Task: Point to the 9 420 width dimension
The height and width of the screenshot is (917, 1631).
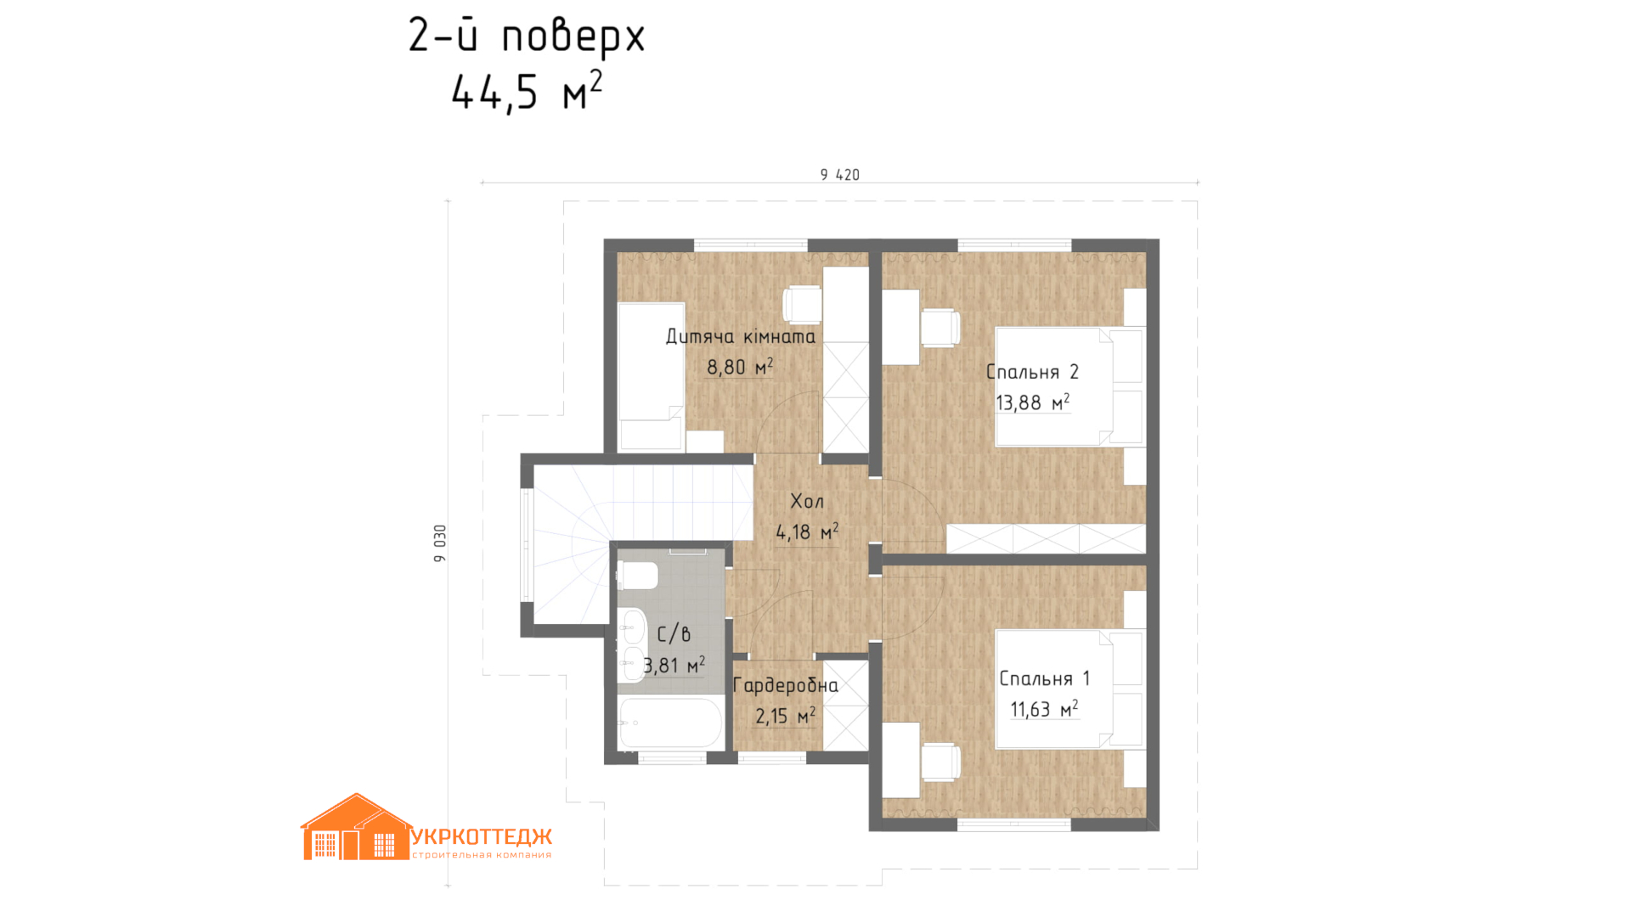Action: click(x=839, y=175)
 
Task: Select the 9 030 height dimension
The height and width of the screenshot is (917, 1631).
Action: click(x=439, y=543)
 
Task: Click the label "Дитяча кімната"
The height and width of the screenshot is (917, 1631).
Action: click(x=740, y=336)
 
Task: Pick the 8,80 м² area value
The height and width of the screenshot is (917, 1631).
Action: click(x=740, y=367)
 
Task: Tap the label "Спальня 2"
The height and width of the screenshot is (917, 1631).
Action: click(x=1032, y=372)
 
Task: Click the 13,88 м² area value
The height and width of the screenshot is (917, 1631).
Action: click(x=1032, y=402)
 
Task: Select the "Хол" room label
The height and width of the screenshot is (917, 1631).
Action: click(x=807, y=501)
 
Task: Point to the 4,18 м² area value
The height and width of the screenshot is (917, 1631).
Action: click(x=807, y=532)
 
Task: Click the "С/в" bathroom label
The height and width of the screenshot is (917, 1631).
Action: click(x=674, y=633)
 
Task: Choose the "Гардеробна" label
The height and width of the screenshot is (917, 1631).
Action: click(x=785, y=685)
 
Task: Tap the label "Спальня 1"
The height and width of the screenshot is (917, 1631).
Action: click(x=1044, y=678)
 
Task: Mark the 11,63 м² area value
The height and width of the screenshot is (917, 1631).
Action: click(x=1044, y=709)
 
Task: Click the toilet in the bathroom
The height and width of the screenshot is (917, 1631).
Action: click(x=637, y=576)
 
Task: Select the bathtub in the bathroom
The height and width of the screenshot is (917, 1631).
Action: click(x=670, y=723)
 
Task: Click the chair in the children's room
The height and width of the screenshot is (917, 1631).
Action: click(x=802, y=305)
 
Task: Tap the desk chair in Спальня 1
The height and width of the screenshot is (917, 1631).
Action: click(x=940, y=762)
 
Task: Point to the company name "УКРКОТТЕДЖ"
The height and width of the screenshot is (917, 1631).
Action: click(x=482, y=837)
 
